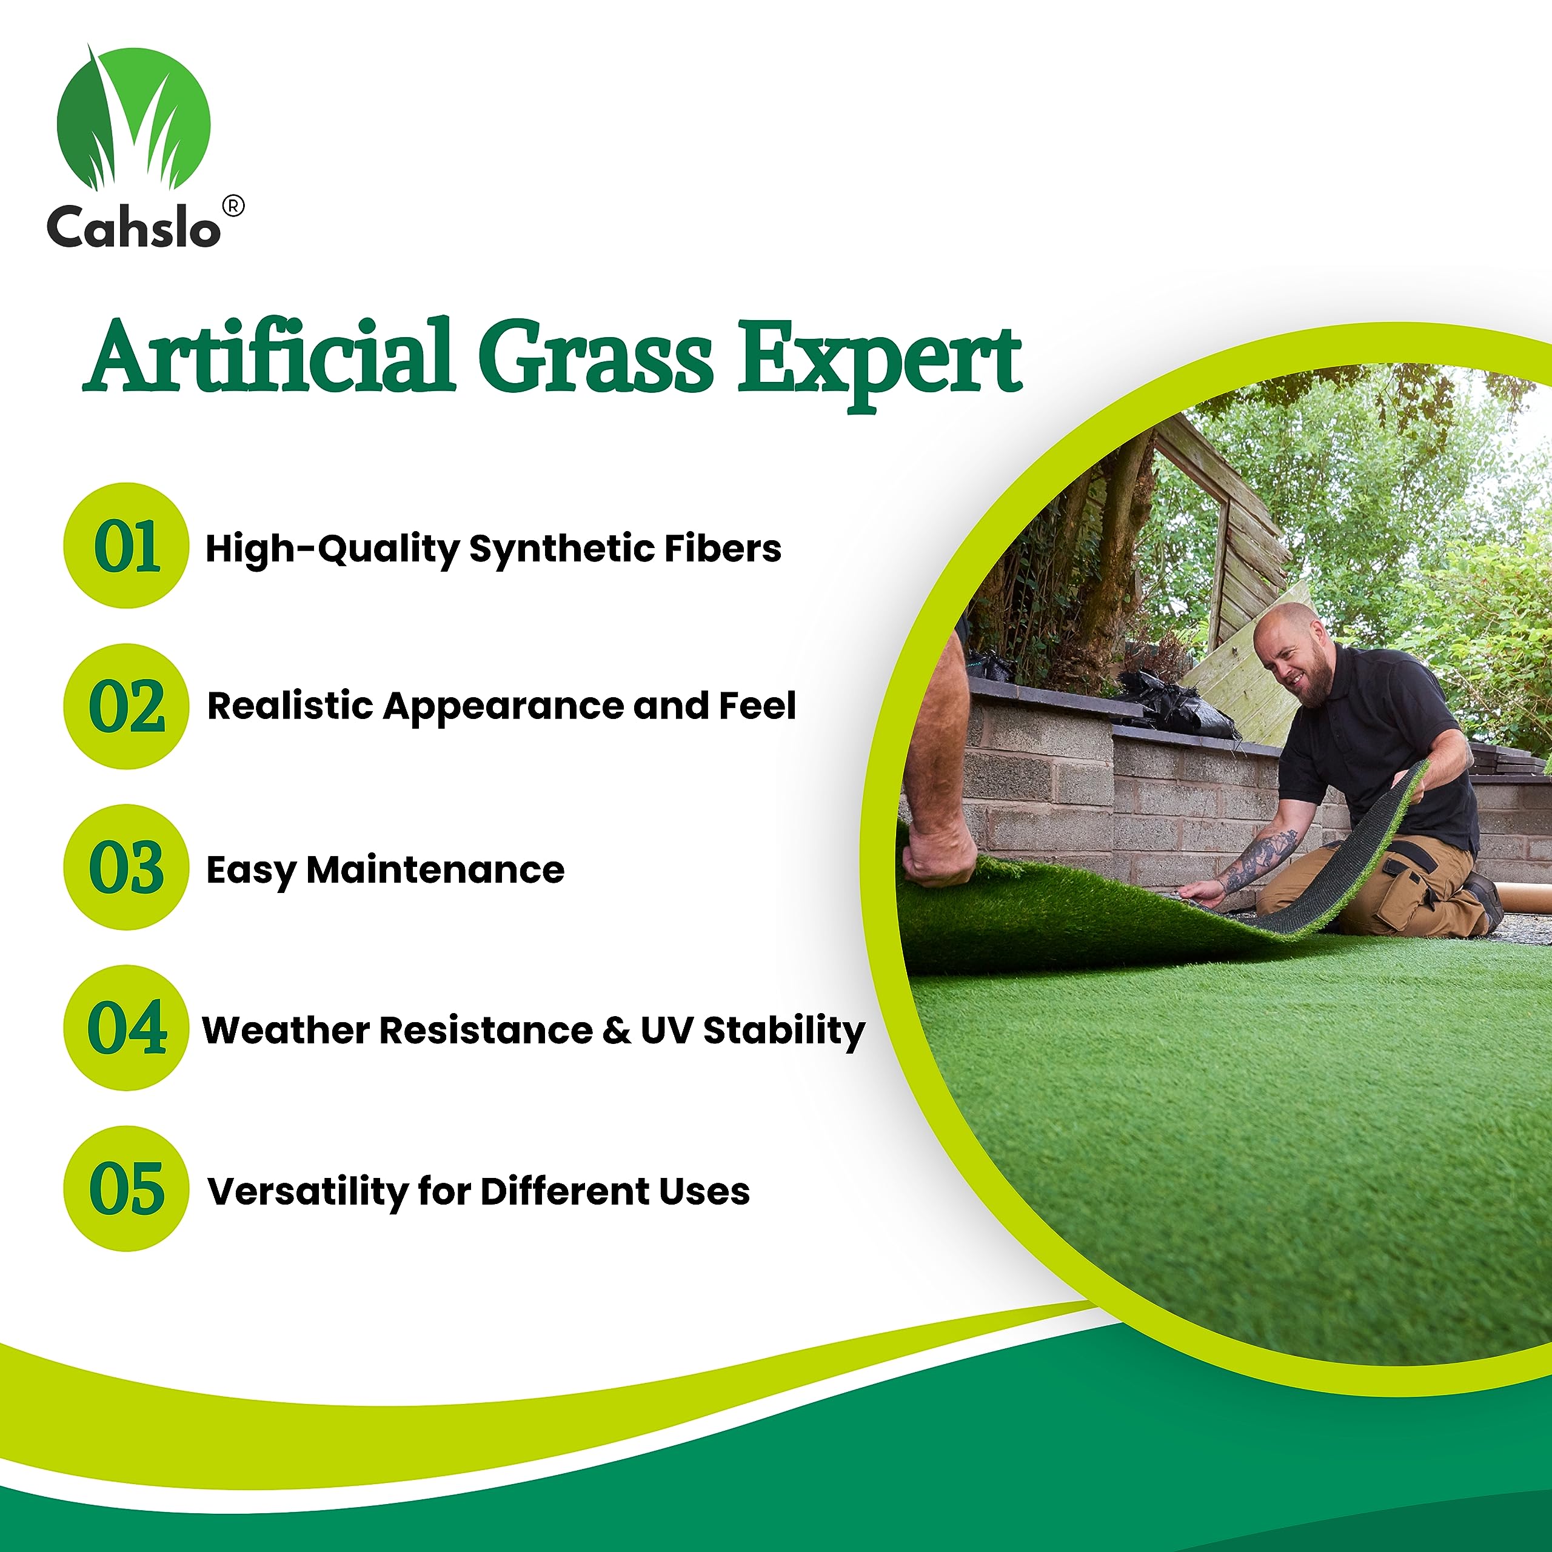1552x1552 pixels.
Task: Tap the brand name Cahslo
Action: click(133, 227)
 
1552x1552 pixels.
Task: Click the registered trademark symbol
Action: click(232, 207)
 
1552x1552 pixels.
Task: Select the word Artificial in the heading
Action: click(270, 356)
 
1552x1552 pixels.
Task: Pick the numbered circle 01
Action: click(126, 546)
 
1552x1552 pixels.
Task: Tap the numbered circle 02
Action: click(126, 706)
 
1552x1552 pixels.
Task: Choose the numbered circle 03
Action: click(126, 868)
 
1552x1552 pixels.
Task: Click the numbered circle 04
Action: click(126, 1028)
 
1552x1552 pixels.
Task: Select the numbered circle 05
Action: click(126, 1189)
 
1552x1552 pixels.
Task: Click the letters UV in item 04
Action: click(666, 1031)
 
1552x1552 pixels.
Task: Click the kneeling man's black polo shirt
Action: click(1382, 739)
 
